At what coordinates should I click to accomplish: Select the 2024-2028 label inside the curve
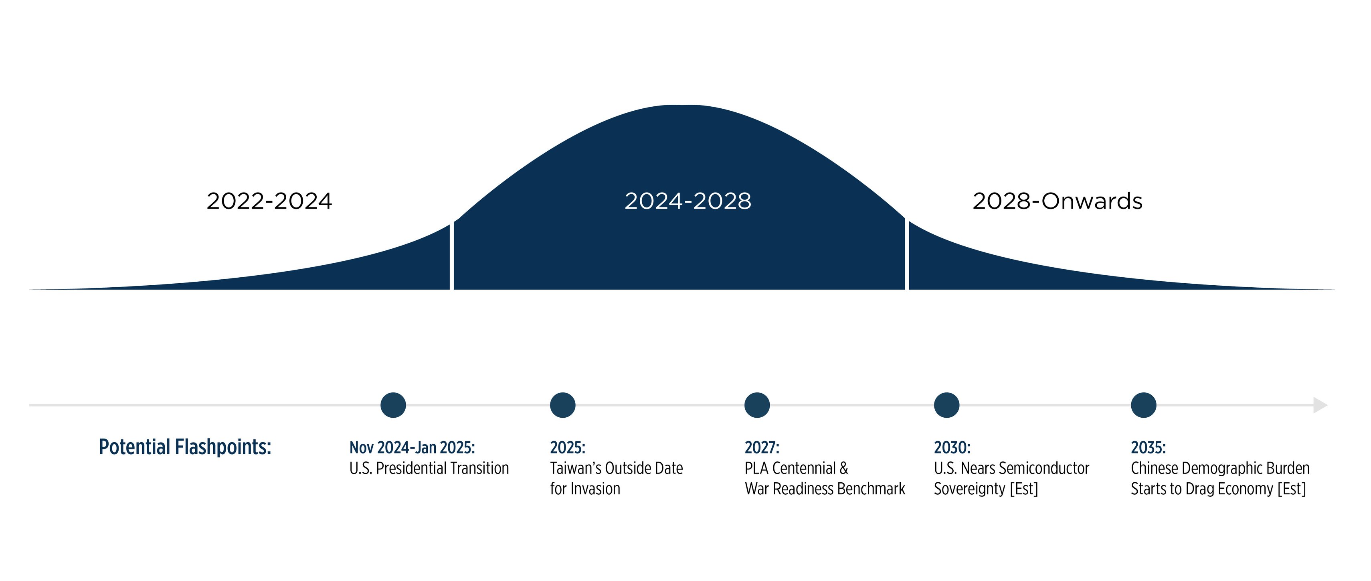click(x=688, y=201)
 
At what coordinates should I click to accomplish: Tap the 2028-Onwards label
click(x=1057, y=201)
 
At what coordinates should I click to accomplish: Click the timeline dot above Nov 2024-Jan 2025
click(x=393, y=405)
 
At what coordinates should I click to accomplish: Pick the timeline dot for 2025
click(x=562, y=405)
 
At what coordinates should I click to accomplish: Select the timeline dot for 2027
click(x=757, y=405)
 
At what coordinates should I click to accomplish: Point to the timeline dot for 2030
click(x=947, y=405)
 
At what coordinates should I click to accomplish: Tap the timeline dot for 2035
click(x=1144, y=405)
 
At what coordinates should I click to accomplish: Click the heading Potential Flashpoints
click(x=185, y=447)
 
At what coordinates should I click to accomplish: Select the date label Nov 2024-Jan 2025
click(x=412, y=447)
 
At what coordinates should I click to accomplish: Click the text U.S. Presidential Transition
click(x=429, y=468)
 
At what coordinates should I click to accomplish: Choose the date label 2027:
click(x=762, y=447)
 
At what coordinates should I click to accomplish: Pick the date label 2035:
click(x=1148, y=447)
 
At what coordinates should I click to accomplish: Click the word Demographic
click(x=1220, y=468)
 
